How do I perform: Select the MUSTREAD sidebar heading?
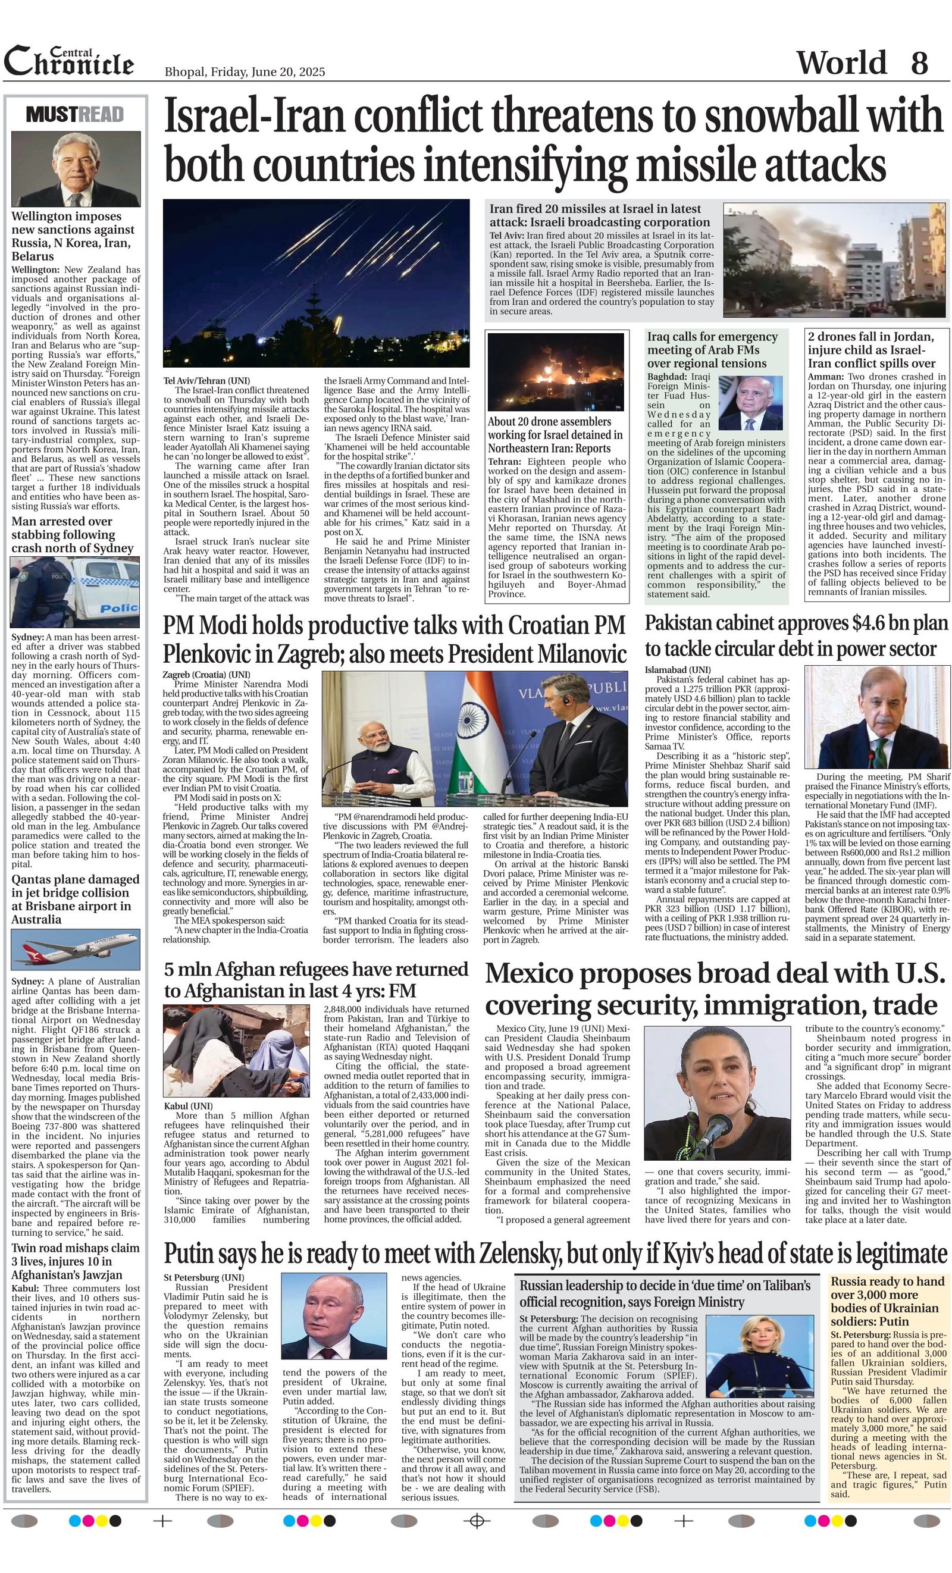tap(76, 115)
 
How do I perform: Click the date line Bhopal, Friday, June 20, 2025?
tap(245, 72)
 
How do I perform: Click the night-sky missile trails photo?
tap(316, 283)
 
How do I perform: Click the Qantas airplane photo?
tap(76, 950)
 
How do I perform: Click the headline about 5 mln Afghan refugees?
tap(316, 980)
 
